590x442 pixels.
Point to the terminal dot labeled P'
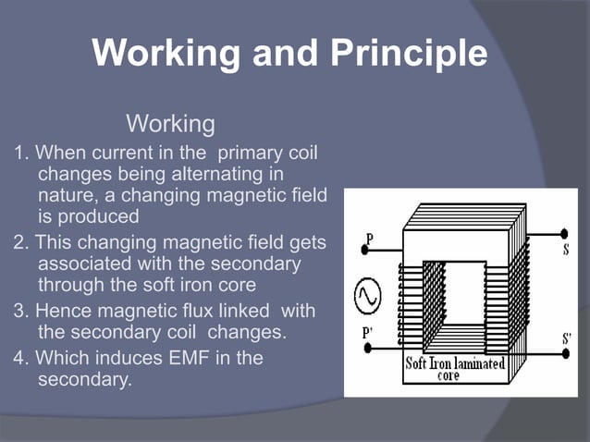point(366,348)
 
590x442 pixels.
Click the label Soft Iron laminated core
point(455,369)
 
